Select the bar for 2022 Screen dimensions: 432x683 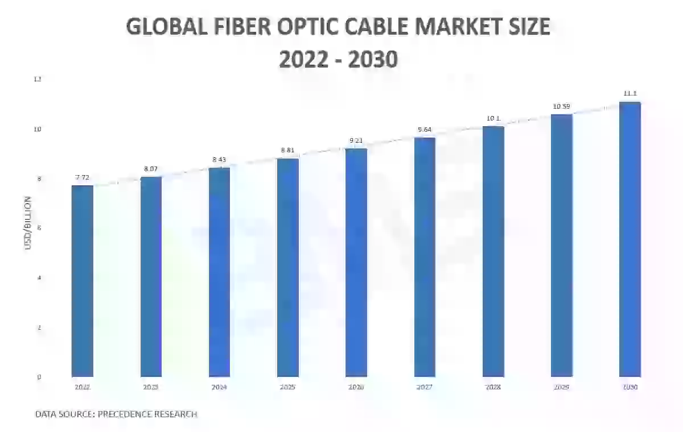click(83, 281)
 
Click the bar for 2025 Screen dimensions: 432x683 click(288, 267)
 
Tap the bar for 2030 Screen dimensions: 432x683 click(630, 239)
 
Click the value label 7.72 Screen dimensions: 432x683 click(83, 177)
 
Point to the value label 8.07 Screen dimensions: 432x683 click(151, 169)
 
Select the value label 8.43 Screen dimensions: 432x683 click(220, 160)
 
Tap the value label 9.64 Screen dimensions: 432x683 click(425, 130)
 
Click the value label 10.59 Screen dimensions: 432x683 click(562, 106)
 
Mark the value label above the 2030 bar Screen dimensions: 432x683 click(630, 93)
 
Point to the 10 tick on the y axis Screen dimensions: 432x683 click(38, 130)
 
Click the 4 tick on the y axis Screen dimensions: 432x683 click(38, 278)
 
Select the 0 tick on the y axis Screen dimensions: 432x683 click(38, 377)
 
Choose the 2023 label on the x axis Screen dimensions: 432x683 click(151, 387)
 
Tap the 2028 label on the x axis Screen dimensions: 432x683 click(493, 387)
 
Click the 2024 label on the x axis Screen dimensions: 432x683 click(220, 387)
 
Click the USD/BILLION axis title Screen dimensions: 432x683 click(27, 231)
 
